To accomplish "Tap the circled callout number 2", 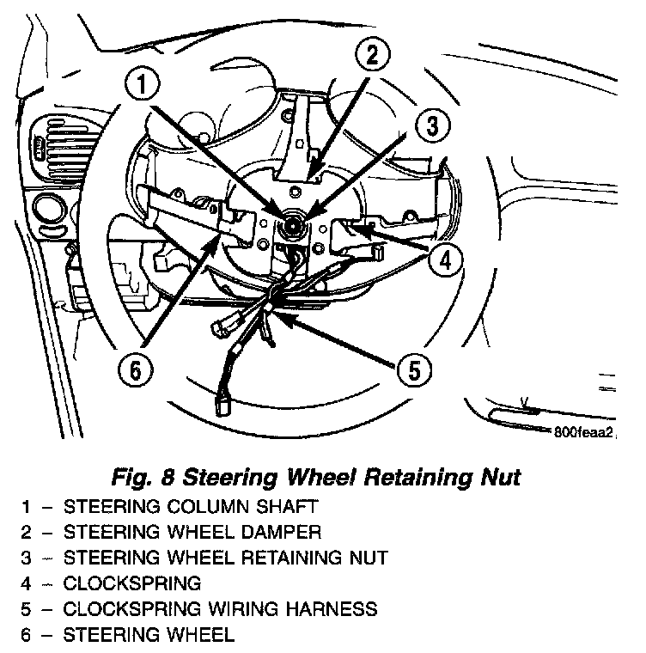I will tap(370, 57).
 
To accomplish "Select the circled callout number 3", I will tap(432, 126).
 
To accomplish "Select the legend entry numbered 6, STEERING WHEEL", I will tap(160, 635).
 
